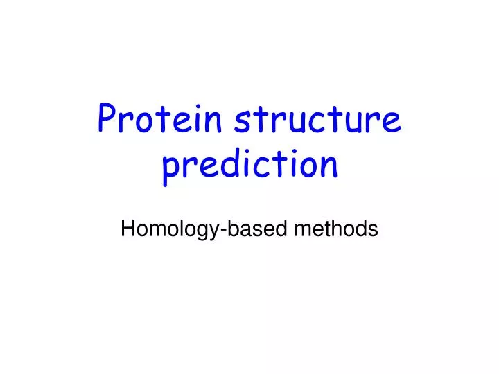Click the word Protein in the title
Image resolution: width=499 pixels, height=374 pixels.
point(160,120)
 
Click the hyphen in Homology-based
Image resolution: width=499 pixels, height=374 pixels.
point(222,230)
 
